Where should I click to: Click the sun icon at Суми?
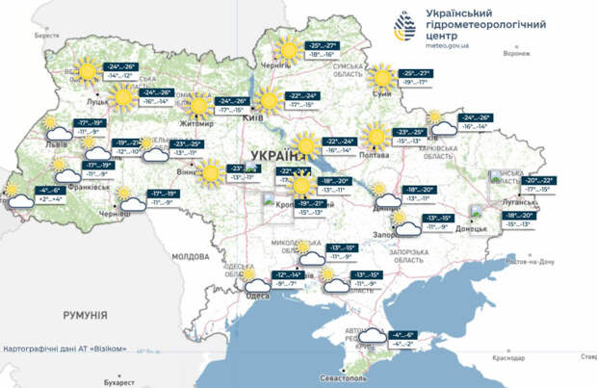click(382, 78)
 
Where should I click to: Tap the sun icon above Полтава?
click(376, 136)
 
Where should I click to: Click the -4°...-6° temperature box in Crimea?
click(402, 339)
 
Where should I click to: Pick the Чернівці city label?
click(117, 210)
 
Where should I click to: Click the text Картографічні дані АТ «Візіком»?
click(65, 347)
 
